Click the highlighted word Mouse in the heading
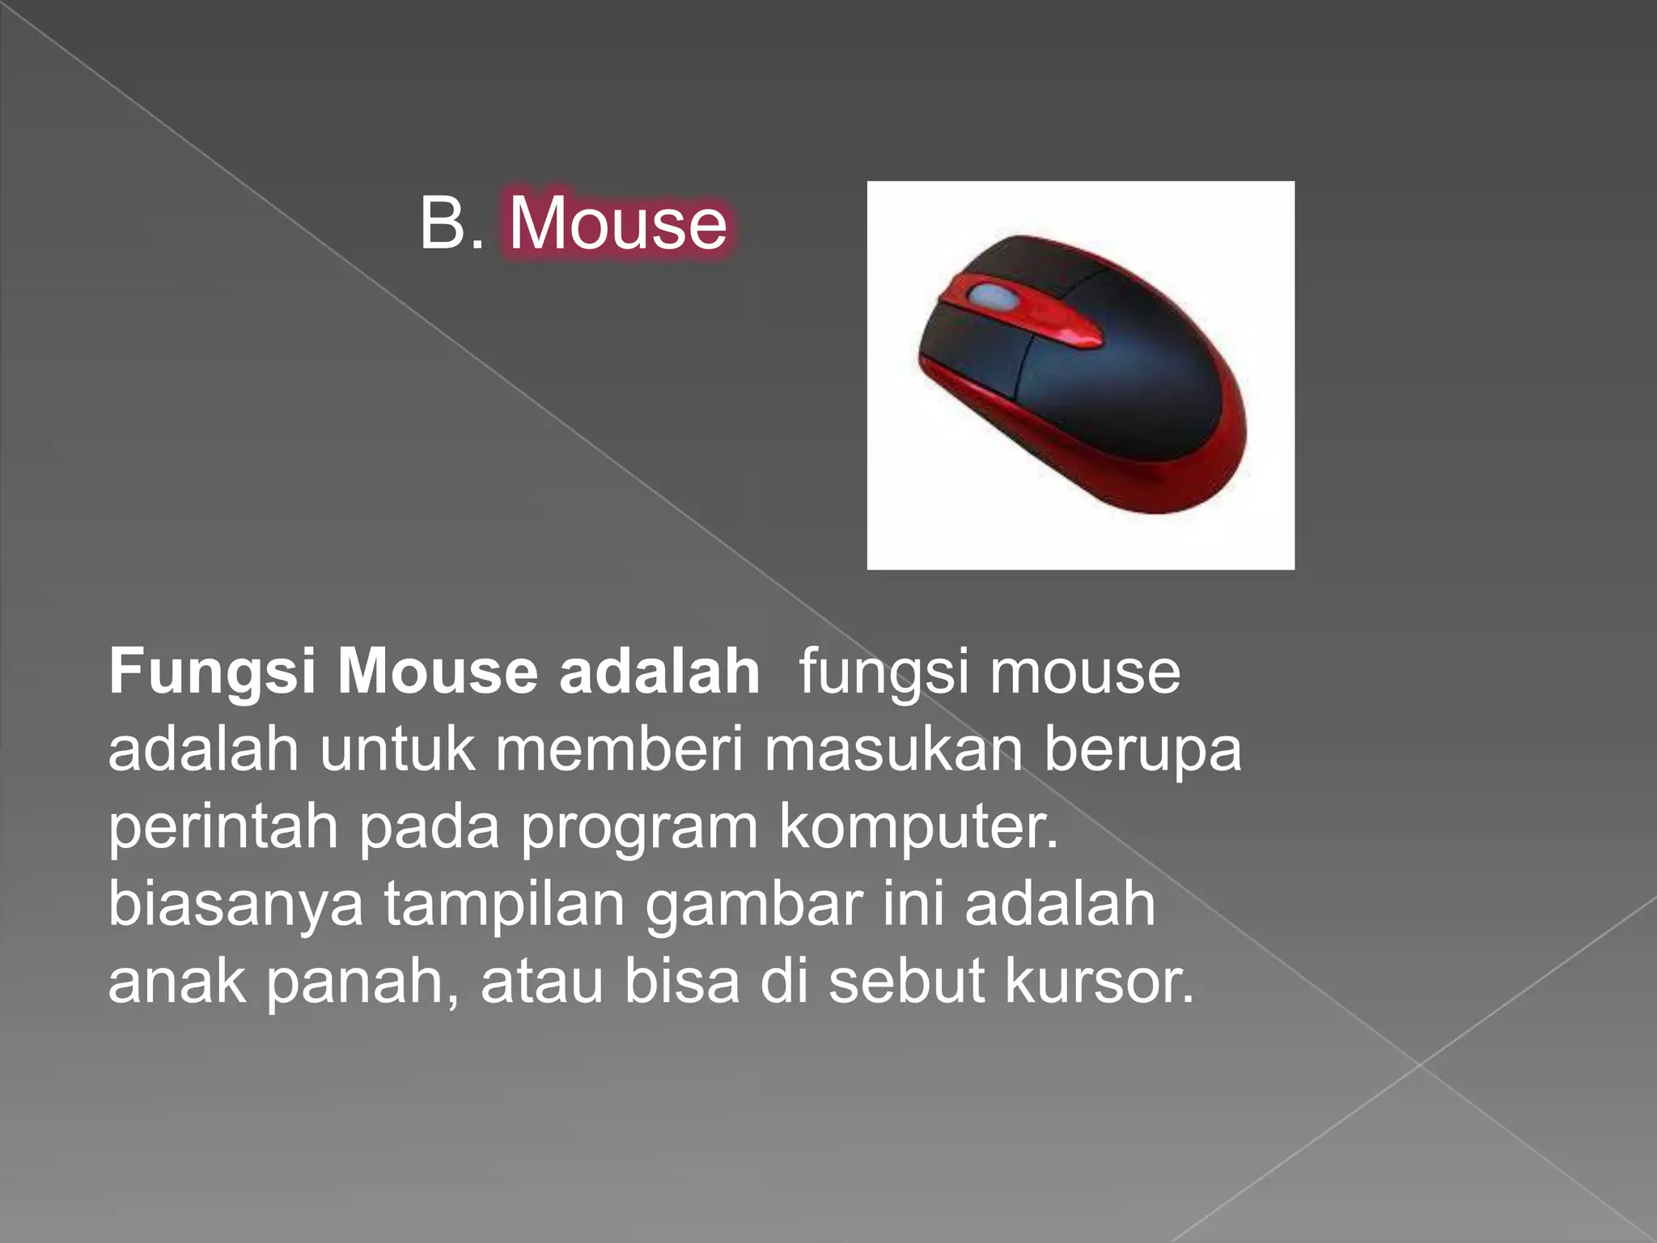(618, 223)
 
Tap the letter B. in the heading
(451, 223)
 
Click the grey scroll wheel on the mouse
(994, 296)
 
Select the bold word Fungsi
(212, 672)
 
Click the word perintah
(223, 827)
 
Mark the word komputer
(918, 827)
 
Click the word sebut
(906, 982)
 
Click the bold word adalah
(659, 672)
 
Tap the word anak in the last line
(177, 982)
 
